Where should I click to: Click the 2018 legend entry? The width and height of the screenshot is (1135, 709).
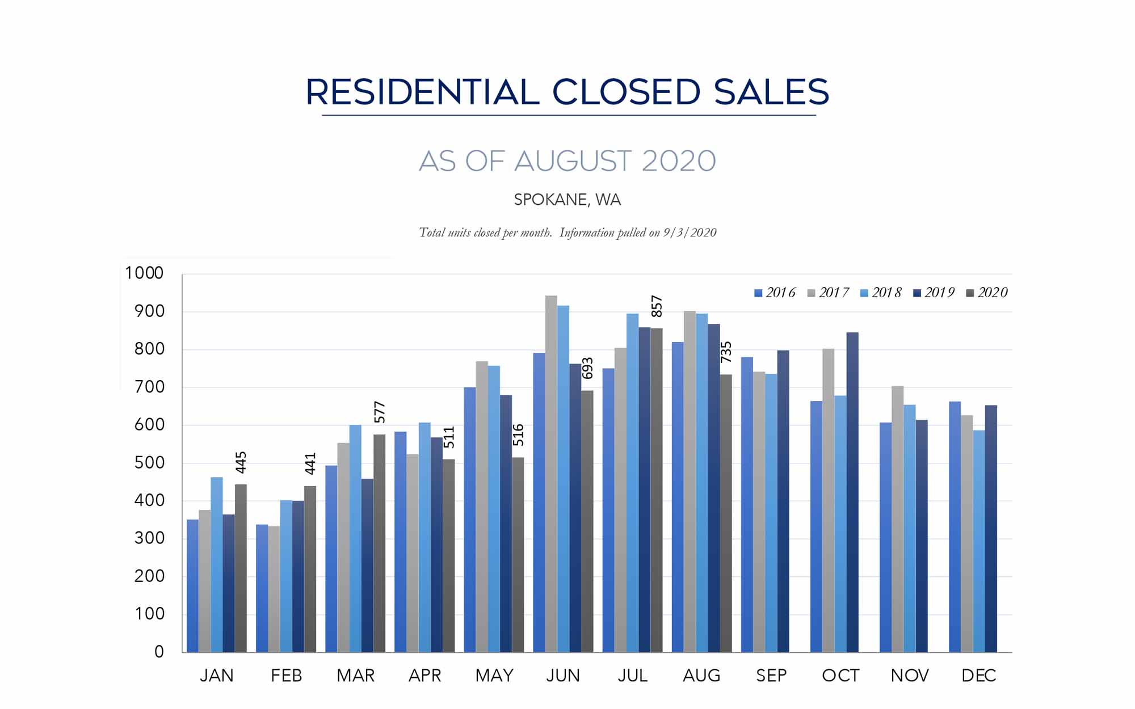881,293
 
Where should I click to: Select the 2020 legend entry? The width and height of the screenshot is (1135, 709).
987,293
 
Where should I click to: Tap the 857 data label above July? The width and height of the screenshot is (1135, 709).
657,306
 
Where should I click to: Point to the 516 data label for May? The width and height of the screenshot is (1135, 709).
518,435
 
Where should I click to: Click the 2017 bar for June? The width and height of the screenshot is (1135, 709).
551,474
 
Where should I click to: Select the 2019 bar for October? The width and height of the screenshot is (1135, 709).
852,492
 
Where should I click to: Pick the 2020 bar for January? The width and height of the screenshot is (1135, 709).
241,568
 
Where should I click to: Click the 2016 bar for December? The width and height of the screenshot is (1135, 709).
955,527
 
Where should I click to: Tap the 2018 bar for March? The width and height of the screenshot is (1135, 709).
355,539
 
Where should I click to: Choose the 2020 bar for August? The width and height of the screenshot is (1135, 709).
726,513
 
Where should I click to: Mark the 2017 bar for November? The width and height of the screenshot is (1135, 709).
897,519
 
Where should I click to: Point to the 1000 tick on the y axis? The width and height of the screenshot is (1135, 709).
144,273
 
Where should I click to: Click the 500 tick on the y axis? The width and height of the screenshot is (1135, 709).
149,463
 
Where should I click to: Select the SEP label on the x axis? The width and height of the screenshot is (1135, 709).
771,676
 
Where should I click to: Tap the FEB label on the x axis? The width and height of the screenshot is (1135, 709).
286,676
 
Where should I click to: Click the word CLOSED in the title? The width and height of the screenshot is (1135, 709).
626,92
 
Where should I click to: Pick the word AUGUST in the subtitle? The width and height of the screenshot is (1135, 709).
573,161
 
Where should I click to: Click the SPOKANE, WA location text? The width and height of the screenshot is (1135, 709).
567,200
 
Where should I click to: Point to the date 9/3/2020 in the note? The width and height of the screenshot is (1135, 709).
690,233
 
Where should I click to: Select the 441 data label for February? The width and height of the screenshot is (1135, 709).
310,463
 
